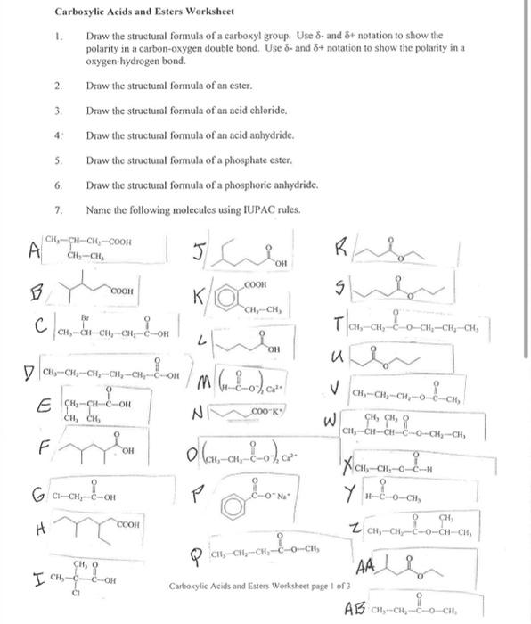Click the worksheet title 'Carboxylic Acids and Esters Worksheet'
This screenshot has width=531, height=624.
coord(132,12)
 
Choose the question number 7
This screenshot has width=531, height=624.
coord(58,209)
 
